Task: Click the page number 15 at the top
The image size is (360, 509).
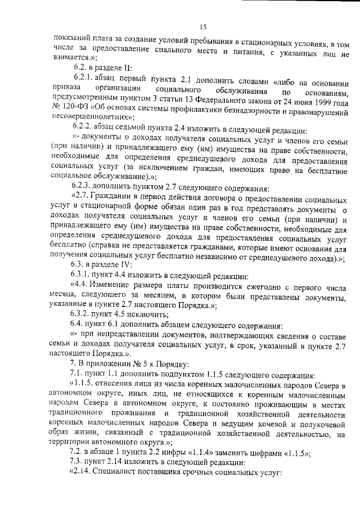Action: (203, 26)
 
